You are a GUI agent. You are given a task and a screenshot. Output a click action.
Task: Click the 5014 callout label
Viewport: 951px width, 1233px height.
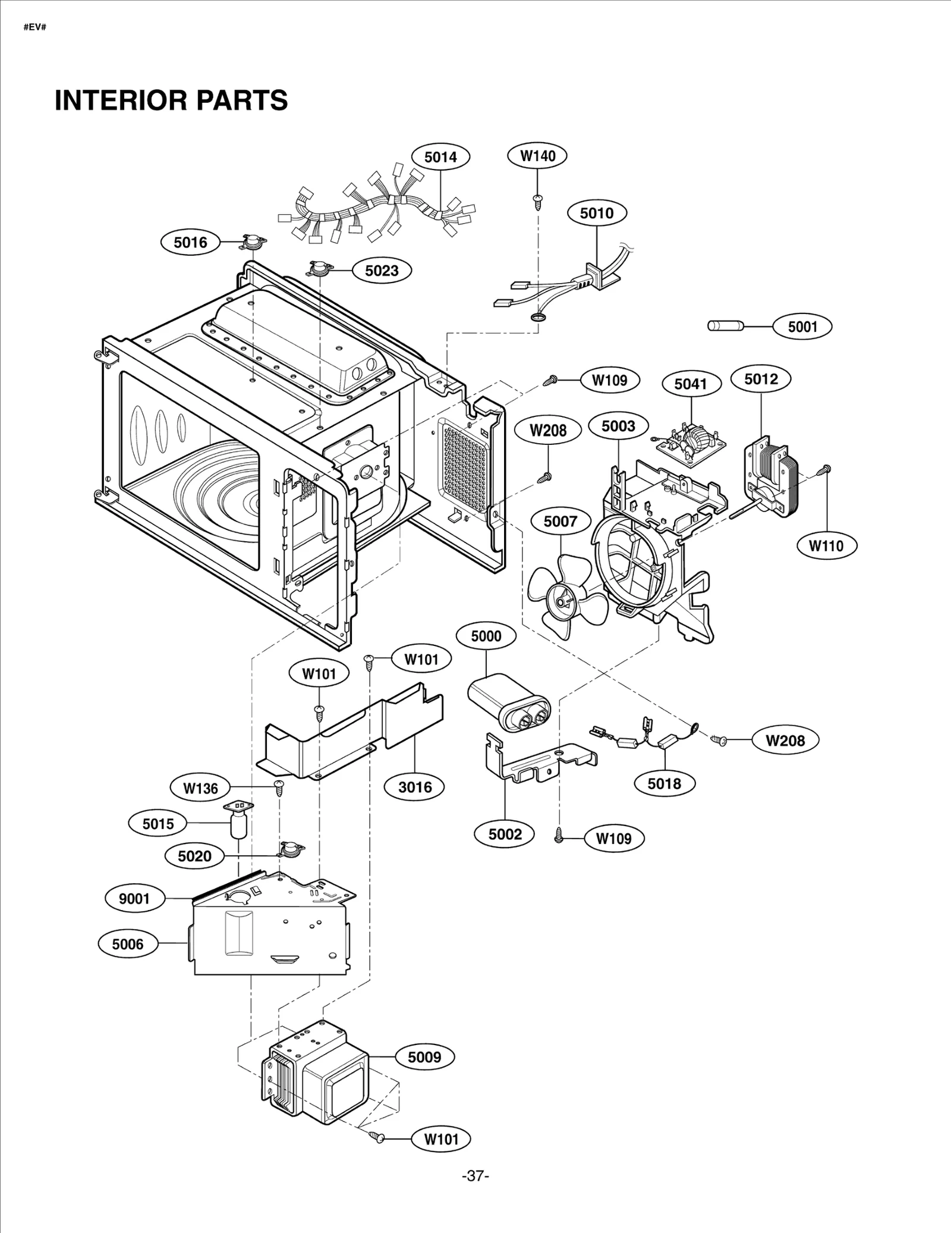tap(440, 157)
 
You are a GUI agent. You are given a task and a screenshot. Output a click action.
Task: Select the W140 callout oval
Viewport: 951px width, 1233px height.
tap(537, 156)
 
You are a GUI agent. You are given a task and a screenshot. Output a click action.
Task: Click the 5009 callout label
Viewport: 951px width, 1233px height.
tap(424, 1057)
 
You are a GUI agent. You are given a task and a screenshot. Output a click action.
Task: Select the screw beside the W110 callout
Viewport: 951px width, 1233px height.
tap(825, 470)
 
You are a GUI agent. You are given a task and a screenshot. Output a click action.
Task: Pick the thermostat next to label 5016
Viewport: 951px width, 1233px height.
tap(253, 241)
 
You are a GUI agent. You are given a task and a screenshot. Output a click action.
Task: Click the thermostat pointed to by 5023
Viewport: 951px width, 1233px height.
tap(320, 269)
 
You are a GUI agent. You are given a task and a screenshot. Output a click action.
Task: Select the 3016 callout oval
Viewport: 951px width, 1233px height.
tap(414, 787)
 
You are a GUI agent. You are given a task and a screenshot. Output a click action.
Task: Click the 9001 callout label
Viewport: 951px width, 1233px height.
tap(134, 898)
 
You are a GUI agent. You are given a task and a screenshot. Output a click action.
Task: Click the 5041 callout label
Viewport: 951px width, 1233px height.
tap(691, 384)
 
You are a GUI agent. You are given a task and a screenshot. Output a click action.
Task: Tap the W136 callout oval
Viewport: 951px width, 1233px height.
tap(200, 788)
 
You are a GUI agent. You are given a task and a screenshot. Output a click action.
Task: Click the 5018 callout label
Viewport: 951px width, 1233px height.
tap(664, 783)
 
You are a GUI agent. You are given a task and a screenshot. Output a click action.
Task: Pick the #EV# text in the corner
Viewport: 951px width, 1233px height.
tap(35, 28)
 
